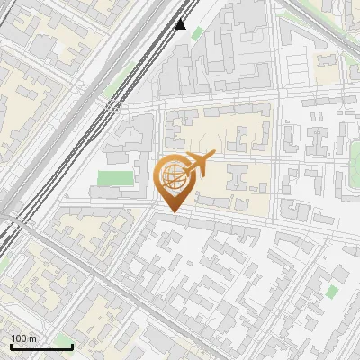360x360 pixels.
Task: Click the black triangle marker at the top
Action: tap(181, 24)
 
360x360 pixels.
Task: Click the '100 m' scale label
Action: tap(24, 338)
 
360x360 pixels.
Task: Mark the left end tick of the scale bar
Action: tap(10, 346)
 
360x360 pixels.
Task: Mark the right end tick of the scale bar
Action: tap(72, 346)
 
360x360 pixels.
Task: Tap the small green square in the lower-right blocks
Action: tap(332, 292)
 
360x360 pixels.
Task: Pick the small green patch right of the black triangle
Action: tap(197, 34)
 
